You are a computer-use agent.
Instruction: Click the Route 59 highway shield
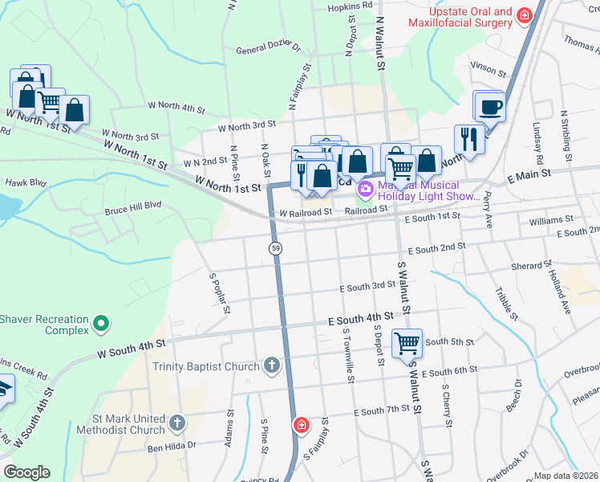(276, 250)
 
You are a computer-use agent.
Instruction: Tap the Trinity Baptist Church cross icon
(272, 366)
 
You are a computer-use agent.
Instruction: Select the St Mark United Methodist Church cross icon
(177, 422)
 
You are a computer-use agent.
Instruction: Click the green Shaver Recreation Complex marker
(100, 324)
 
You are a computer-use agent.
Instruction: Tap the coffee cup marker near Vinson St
(490, 106)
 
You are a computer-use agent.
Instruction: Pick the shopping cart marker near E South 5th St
(407, 343)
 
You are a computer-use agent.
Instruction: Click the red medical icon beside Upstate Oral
(525, 15)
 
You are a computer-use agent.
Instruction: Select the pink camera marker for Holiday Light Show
(366, 190)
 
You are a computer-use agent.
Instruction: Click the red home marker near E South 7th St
(301, 424)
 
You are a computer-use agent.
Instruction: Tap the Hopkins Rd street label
(351, 6)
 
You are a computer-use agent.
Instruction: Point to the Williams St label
(552, 219)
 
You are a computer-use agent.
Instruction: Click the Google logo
(26, 472)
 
